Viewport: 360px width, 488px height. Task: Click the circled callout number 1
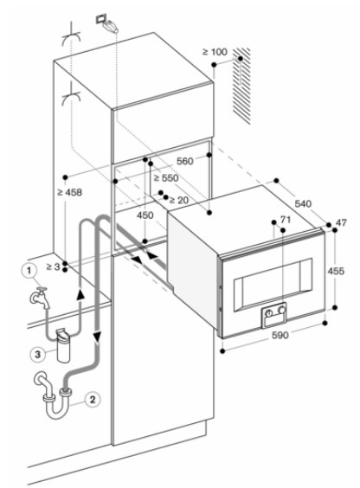(29, 270)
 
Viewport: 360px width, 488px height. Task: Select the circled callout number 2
(92, 399)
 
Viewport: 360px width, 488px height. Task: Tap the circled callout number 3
(38, 354)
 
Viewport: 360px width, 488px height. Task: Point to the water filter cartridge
(63, 345)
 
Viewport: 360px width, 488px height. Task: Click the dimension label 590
(280, 335)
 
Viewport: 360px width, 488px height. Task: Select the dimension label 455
(336, 271)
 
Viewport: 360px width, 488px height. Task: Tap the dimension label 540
(303, 203)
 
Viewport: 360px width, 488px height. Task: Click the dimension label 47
(341, 223)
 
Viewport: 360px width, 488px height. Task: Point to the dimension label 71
(286, 220)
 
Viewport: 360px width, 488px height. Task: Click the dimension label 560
(185, 161)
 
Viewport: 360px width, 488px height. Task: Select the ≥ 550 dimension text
(166, 178)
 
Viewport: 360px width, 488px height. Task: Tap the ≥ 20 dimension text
(179, 200)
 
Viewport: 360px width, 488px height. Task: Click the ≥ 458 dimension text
(70, 192)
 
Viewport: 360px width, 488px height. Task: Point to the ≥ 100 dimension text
(215, 52)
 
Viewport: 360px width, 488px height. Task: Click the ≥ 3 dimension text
(53, 266)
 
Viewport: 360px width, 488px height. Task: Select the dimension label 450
(145, 215)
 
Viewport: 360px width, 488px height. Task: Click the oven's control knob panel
(273, 314)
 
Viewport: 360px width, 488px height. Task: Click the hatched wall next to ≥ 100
(242, 86)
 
